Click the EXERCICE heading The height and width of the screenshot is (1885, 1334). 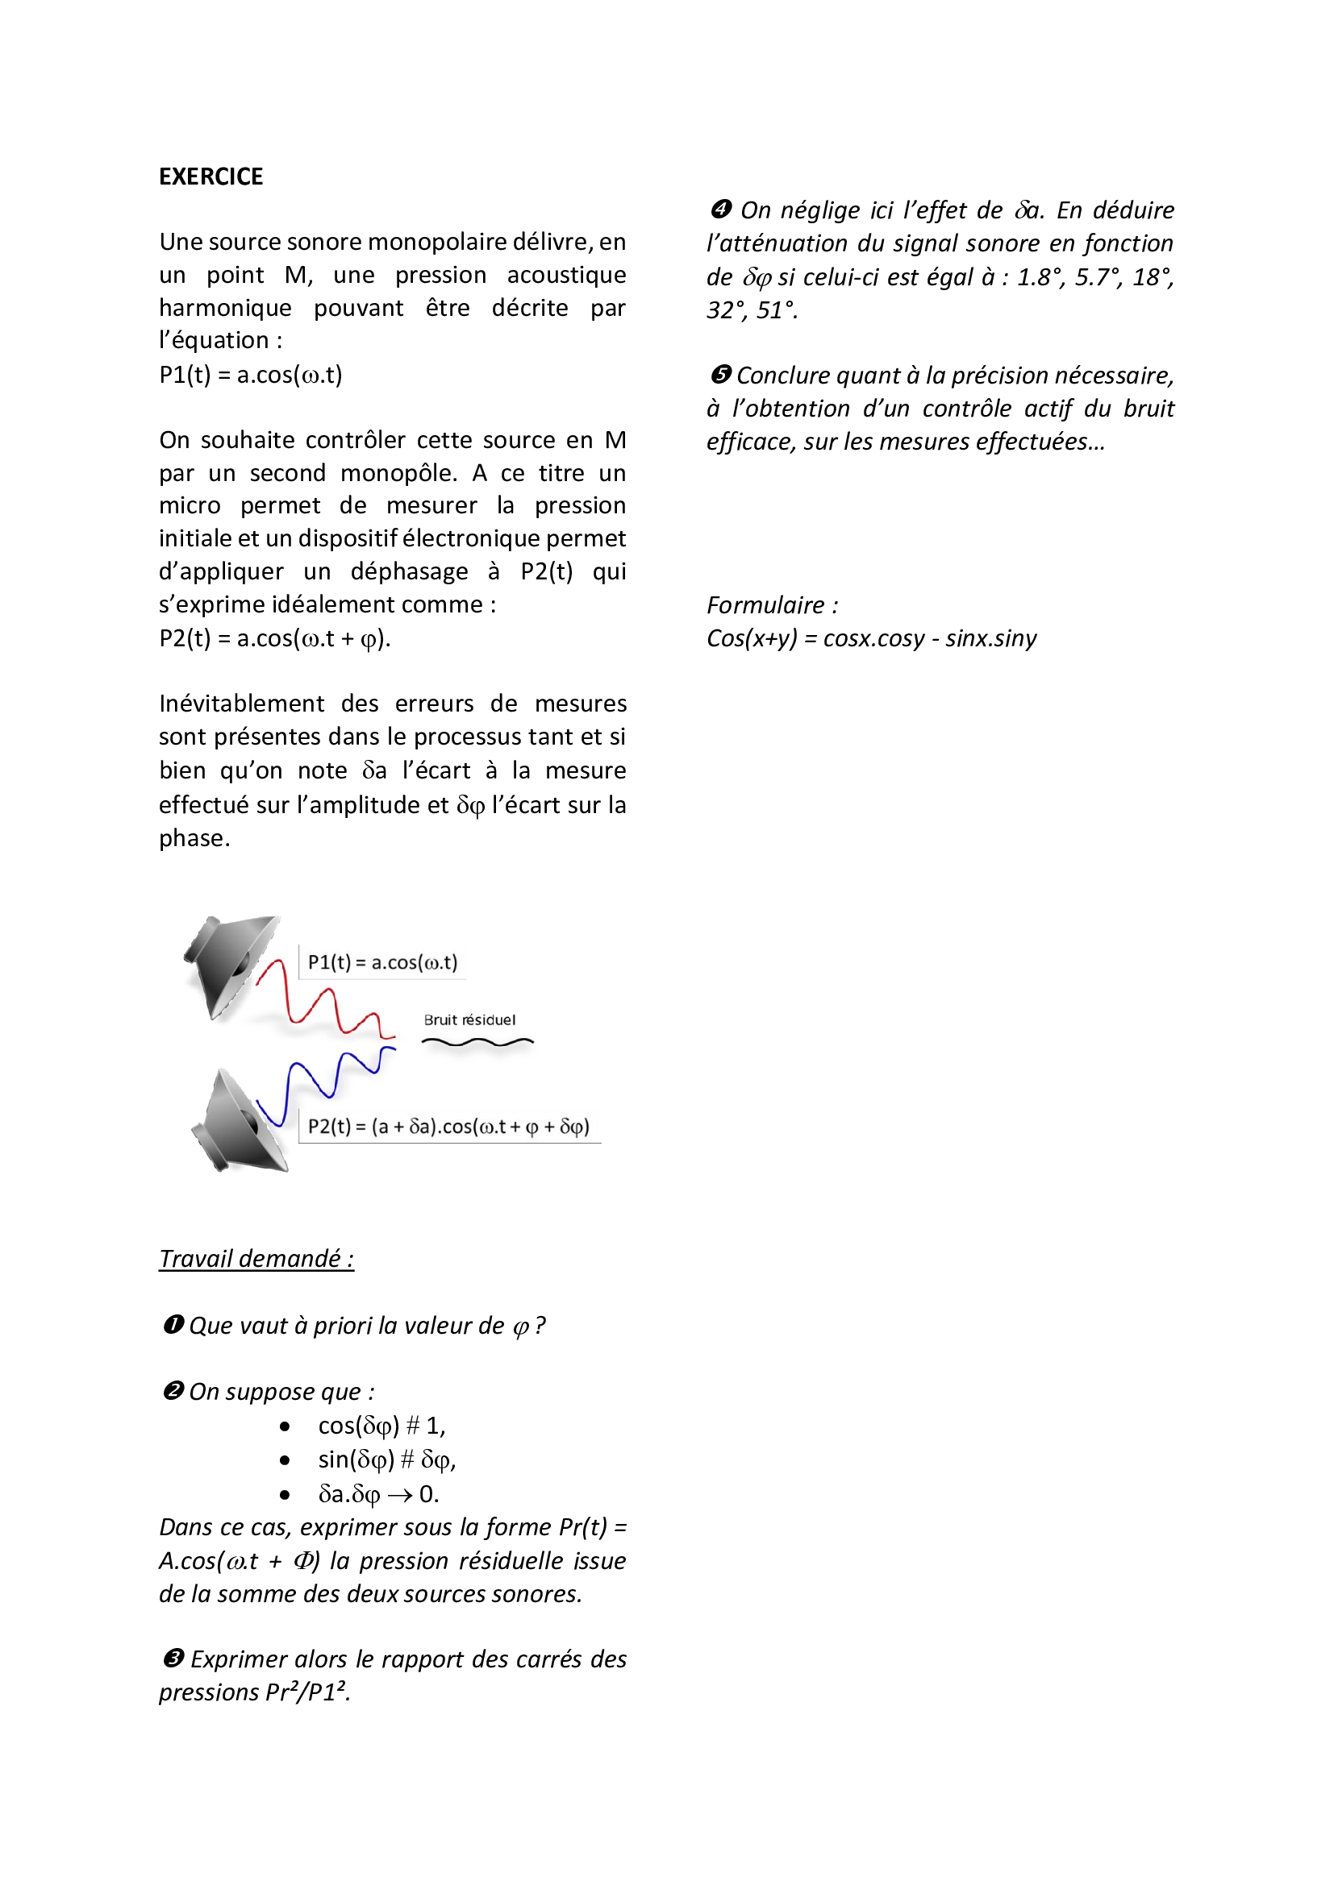[211, 176]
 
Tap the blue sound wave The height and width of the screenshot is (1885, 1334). [325, 1079]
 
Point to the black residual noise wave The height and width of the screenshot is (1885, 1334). [477, 1043]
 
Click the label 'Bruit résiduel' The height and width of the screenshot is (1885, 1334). [469, 1019]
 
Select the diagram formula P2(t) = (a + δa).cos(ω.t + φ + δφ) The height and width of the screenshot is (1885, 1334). [448, 1127]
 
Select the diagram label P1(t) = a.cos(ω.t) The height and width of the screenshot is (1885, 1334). [382, 962]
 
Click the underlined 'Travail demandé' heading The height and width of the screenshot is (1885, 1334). [256, 1259]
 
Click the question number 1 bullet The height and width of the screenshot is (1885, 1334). [173, 1325]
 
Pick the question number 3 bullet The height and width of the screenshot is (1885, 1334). [173, 1659]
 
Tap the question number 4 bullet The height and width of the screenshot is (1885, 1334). [720, 210]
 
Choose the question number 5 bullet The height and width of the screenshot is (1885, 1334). [720, 376]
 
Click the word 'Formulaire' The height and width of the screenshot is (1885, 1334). [765, 605]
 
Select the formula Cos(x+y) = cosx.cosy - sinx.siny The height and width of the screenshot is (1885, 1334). [871, 638]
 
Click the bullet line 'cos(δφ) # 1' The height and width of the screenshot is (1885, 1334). [381, 1426]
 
